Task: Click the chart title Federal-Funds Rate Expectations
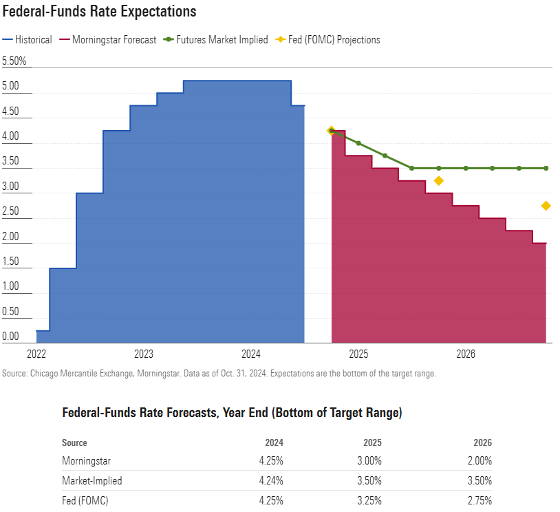(x=100, y=12)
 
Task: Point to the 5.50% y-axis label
(x=14, y=61)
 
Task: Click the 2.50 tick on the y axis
(x=11, y=211)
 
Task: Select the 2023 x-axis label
(x=144, y=354)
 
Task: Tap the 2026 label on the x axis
(x=466, y=354)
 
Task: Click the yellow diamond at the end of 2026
(x=546, y=206)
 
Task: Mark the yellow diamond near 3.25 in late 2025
(x=439, y=181)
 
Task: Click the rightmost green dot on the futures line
(x=546, y=168)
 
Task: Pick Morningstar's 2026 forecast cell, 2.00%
(x=478, y=461)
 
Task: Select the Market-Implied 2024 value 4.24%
(x=269, y=481)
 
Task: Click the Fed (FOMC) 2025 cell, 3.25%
(x=367, y=501)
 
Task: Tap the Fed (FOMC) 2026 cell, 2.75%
(x=478, y=501)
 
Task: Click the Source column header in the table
(x=74, y=442)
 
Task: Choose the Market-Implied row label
(x=91, y=481)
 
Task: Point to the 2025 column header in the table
(x=371, y=442)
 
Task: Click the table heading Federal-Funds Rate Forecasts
(x=232, y=413)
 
